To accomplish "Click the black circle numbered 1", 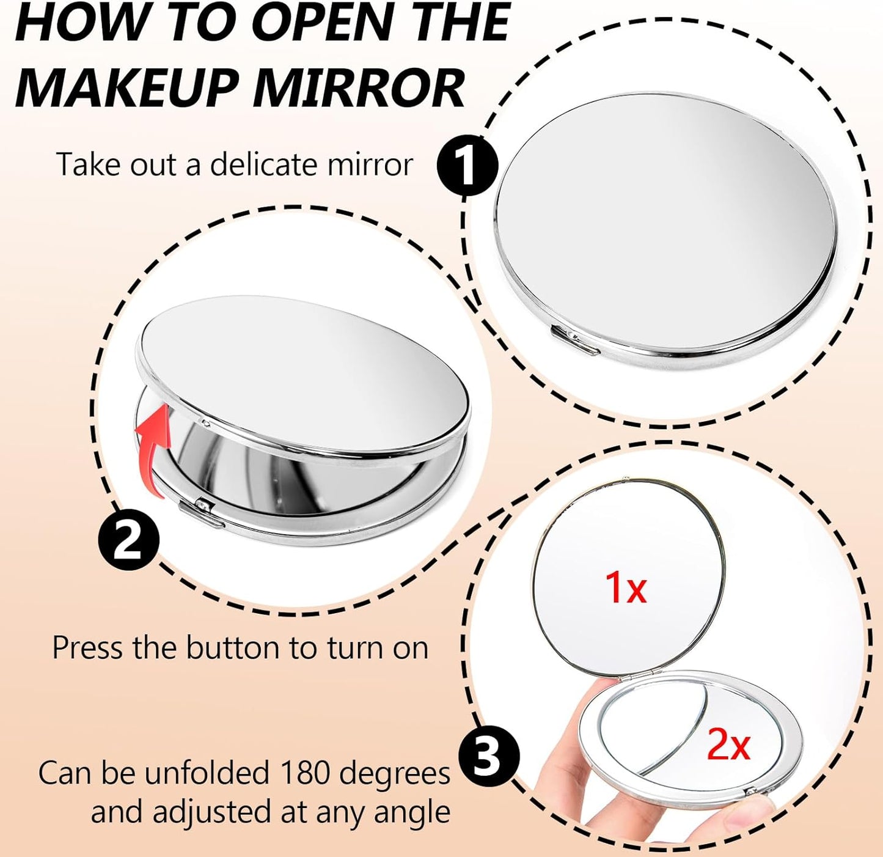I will click(467, 165).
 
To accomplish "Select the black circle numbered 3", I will click(488, 756).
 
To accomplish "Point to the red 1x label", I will click(625, 587).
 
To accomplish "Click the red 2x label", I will click(728, 745).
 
